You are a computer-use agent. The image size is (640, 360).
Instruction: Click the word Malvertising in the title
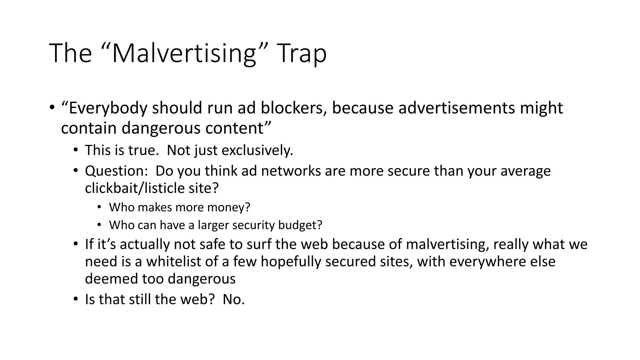(x=184, y=53)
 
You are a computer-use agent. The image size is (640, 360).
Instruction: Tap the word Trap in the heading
(x=302, y=53)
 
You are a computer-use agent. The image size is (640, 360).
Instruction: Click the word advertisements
(x=457, y=108)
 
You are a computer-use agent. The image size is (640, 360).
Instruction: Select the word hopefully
(x=291, y=262)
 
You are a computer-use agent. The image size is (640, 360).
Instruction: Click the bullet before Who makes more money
(x=99, y=207)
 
